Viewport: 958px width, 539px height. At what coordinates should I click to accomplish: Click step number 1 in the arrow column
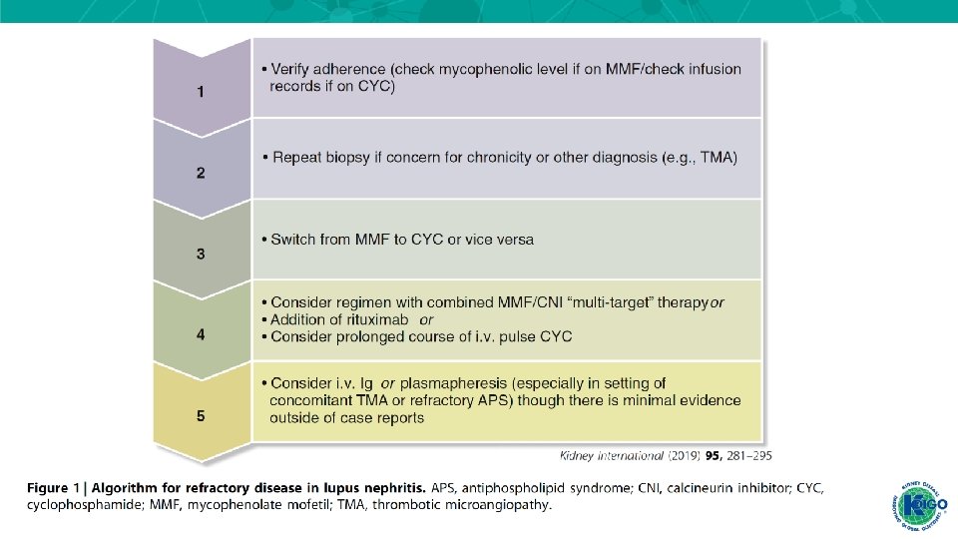pos(201,93)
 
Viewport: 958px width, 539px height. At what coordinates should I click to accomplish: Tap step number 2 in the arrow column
pos(201,173)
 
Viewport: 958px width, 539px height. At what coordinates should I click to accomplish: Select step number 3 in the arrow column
pos(201,255)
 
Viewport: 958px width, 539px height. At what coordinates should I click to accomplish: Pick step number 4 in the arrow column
pos(201,335)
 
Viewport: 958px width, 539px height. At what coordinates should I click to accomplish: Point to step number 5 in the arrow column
pos(201,416)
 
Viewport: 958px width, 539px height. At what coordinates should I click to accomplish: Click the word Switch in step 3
pos(293,240)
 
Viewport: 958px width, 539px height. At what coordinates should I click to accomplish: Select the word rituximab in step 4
pos(371,319)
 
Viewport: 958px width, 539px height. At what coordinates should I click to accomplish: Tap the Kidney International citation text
pos(666,455)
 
